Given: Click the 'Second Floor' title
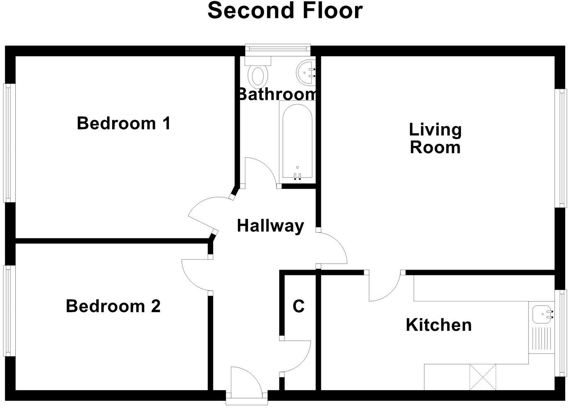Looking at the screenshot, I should click(285, 11).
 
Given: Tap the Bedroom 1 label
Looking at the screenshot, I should click(124, 124).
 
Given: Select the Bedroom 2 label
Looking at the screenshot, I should click(113, 306).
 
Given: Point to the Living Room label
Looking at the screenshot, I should click(435, 138).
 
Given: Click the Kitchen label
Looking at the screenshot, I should click(438, 325).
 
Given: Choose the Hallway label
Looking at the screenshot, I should click(270, 226).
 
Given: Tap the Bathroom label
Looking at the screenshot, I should click(277, 94).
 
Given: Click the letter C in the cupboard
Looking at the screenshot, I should click(299, 306).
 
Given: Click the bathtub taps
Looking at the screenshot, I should click(297, 176).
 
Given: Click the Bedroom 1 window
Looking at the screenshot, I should click(9, 143).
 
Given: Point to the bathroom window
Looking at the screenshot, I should click(278, 49).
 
